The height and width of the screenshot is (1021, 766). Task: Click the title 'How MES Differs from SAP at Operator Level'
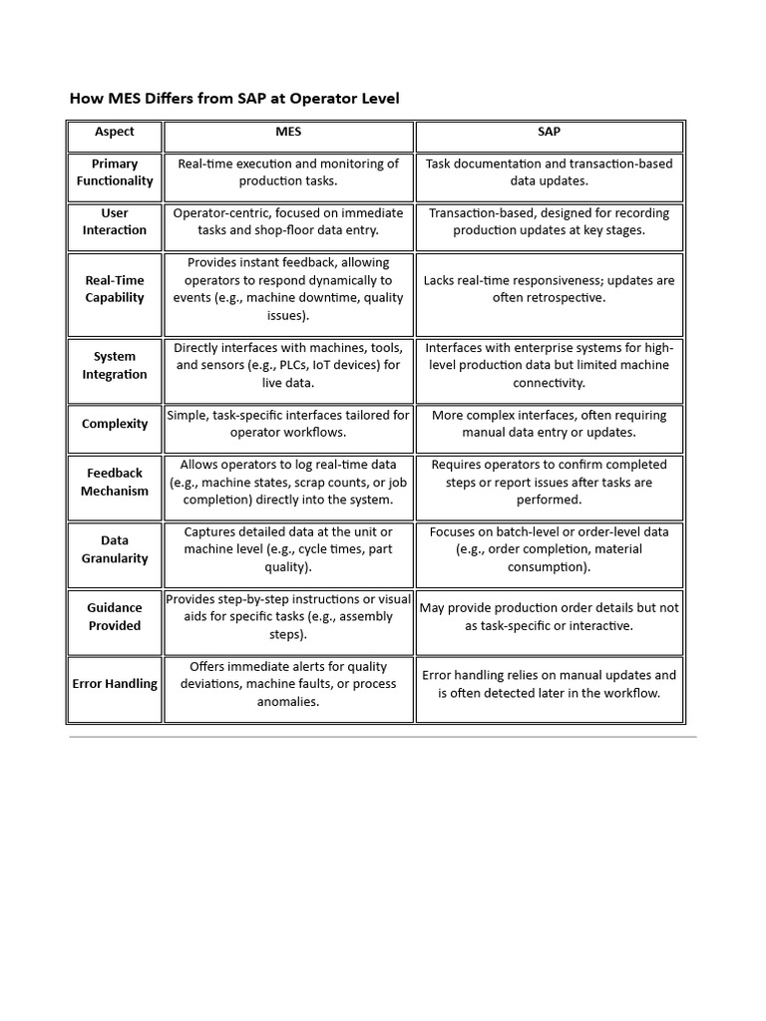click(234, 99)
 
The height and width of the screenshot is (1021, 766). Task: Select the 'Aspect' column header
click(115, 132)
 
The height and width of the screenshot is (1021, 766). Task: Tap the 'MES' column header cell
click(288, 132)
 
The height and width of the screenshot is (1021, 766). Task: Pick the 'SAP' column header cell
click(549, 132)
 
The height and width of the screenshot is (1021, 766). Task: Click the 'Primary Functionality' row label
click(115, 172)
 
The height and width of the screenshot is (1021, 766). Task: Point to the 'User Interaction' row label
click(115, 221)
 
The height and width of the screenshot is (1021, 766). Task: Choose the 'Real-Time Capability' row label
click(115, 289)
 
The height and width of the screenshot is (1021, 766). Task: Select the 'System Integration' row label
click(115, 365)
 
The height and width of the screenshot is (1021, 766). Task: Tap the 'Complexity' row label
click(115, 424)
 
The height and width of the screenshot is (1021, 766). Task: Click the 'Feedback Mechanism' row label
click(115, 482)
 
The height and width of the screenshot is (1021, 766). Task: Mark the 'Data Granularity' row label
click(115, 549)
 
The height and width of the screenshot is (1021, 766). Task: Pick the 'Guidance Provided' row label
click(115, 616)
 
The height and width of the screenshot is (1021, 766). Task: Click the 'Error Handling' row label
click(115, 684)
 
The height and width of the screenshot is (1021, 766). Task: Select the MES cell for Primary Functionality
click(288, 172)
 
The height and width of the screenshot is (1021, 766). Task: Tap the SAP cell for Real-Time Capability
click(549, 289)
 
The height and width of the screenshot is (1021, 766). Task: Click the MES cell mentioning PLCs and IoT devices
click(288, 365)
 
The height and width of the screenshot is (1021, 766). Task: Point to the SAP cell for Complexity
click(549, 424)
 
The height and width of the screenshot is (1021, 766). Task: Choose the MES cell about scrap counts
click(288, 482)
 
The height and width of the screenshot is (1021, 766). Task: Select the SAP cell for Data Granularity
click(549, 549)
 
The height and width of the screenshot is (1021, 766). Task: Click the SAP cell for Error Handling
click(549, 684)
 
